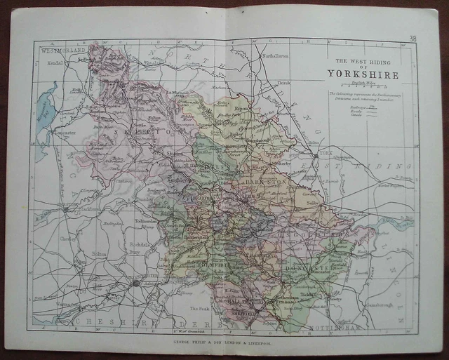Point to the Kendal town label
pos(51,62)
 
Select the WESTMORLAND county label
pos(63,51)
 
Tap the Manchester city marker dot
pos(135,284)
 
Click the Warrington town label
pos(67,305)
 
